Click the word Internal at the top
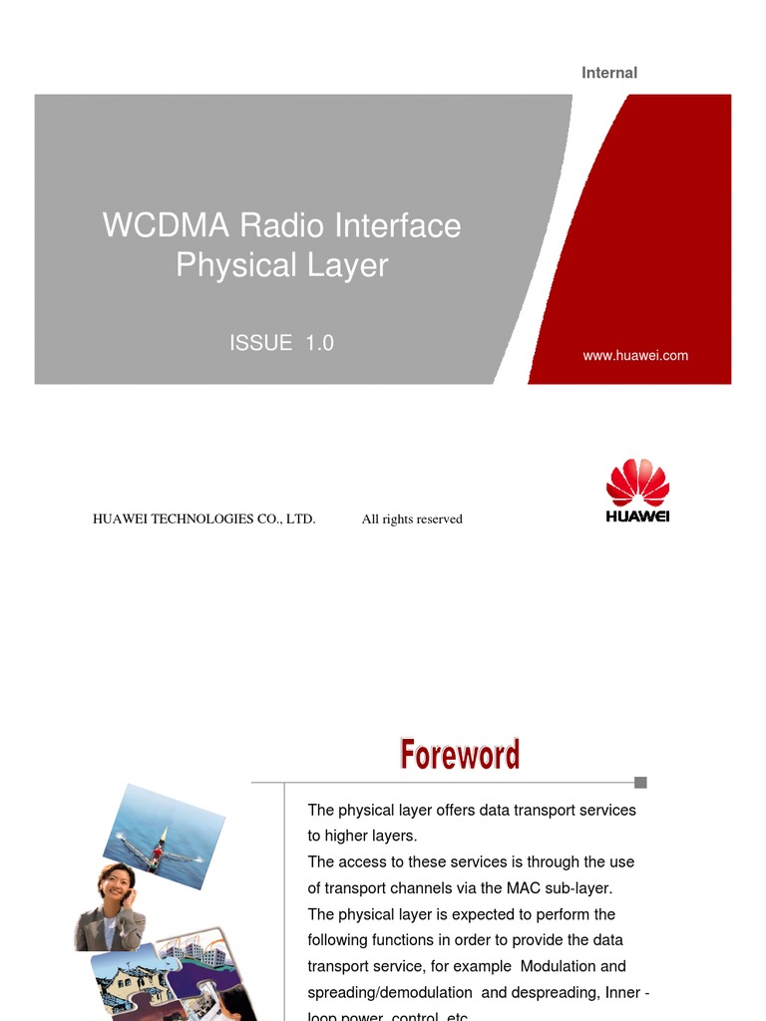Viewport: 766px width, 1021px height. (608, 73)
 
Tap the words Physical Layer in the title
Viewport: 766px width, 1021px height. (281, 265)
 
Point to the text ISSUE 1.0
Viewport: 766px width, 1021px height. (281, 343)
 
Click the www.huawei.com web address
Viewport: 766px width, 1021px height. (635, 355)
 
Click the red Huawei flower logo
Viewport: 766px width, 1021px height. (637, 484)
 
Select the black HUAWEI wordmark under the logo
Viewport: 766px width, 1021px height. (637, 516)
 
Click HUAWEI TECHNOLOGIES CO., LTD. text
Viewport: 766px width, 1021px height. (203, 518)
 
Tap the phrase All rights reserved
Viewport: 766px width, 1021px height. (412, 518)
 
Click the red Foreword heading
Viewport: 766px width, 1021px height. (460, 754)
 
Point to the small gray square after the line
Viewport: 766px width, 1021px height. (640, 783)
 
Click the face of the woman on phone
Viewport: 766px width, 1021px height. (115, 883)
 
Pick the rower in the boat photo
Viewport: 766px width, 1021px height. (157, 851)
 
